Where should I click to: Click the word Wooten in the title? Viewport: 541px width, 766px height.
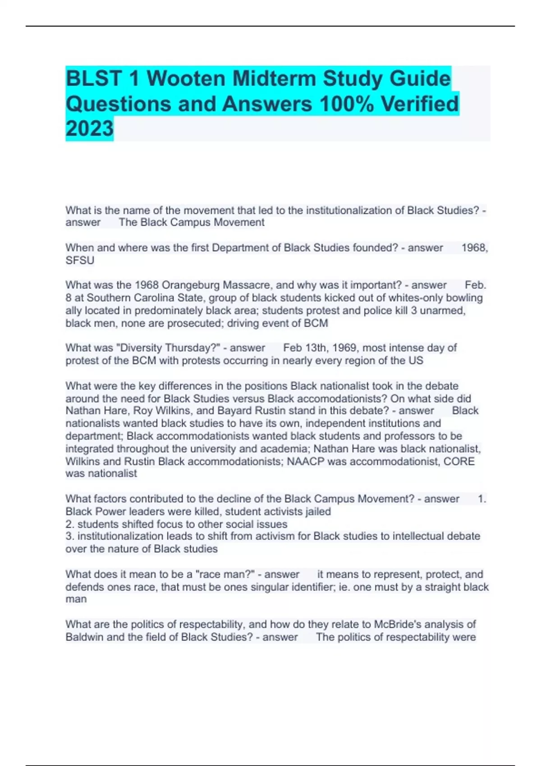tap(186, 78)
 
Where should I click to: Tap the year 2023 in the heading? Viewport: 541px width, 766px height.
tap(89, 128)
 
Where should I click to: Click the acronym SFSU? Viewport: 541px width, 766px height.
tap(80, 260)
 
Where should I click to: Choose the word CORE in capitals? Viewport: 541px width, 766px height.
tap(459, 461)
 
